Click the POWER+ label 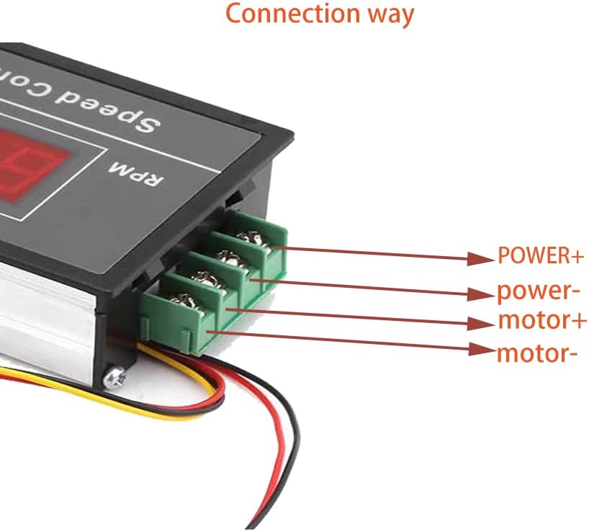tap(540, 256)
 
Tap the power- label tap(539, 291)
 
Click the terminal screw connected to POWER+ tap(251, 238)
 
